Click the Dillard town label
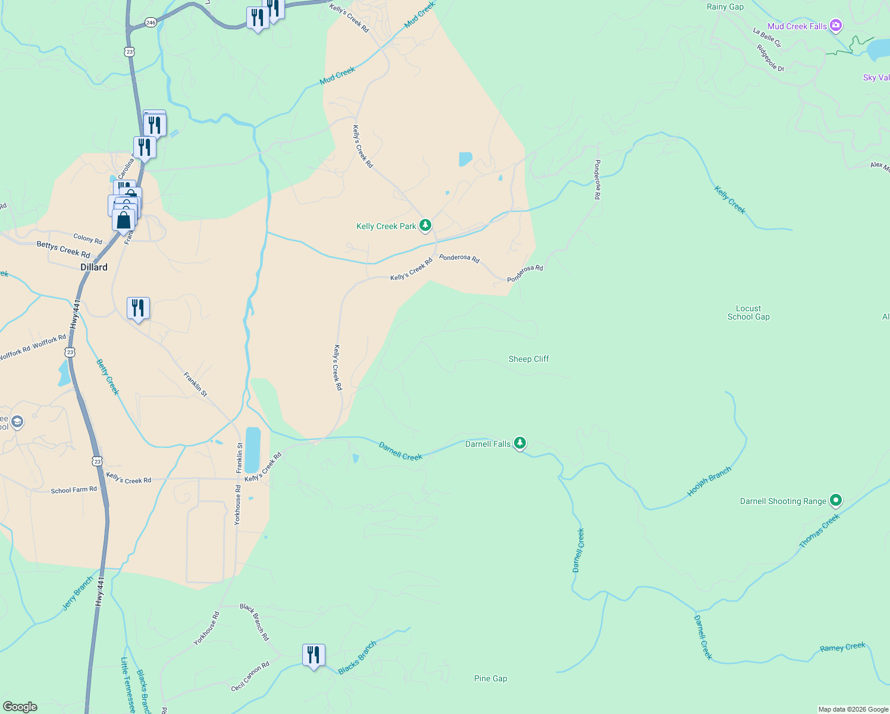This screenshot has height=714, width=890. tap(94, 267)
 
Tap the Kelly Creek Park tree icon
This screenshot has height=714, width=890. tap(425, 226)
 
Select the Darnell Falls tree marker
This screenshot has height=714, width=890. tap(520, 443)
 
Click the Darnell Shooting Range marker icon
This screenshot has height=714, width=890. tap(835, 500)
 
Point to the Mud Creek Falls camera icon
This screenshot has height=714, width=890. tap(836, 25)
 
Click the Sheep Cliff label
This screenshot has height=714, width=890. tap(528, 359)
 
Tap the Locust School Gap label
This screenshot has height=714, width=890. tap(748, 312)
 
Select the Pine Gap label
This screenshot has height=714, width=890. tap(490, 678)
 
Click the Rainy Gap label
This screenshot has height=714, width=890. tap(725, 7)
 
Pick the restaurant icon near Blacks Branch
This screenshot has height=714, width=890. tap(314, 655)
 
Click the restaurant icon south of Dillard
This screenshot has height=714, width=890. tap(138, 308)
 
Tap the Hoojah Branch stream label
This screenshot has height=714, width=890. tap(709, 481)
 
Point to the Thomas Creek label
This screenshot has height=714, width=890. tap(819, 530)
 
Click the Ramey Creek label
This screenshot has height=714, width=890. tap(842, 647)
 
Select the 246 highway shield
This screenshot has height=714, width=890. tap(151, 23)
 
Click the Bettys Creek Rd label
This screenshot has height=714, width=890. tap(63, 249)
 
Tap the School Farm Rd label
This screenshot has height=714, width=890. tap(74, 490)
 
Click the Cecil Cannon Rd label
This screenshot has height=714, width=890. tap(250, 677)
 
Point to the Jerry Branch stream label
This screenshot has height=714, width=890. tap(78, 593)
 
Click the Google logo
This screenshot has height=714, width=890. tap(20, 706)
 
